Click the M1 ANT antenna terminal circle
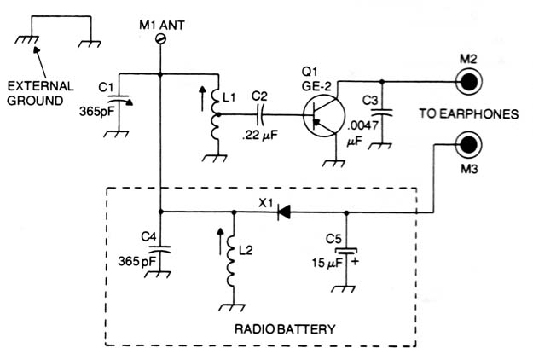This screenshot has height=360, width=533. coord(160,40)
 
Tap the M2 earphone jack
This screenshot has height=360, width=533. coord(469,82)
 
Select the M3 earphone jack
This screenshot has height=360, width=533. coord(469,144)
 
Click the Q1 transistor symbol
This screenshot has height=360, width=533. coord(323,115)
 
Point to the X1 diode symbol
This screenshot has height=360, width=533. coord(283,212)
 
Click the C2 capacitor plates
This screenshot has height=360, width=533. coord(260,115)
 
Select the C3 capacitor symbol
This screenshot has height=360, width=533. coord(381,113)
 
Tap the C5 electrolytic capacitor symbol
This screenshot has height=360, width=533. coord(346,252)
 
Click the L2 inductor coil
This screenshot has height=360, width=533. coord(232,261)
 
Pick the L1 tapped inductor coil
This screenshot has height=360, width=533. coord(215,113)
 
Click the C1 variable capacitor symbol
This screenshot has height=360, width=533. coord(119,100)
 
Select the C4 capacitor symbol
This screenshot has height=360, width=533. coord(159,249)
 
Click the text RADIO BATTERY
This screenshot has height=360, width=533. coord(285,329)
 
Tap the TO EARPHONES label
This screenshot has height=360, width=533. coord(469,113)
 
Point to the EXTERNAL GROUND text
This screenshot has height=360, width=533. coord(40,94)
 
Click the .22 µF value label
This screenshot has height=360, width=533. coord(260,136)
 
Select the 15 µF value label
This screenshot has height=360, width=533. coord(327,263)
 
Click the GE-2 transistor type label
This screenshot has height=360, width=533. coord(316,86)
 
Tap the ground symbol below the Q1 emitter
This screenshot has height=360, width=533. coord(334,164)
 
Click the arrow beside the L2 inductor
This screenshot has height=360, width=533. coord(220,241)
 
